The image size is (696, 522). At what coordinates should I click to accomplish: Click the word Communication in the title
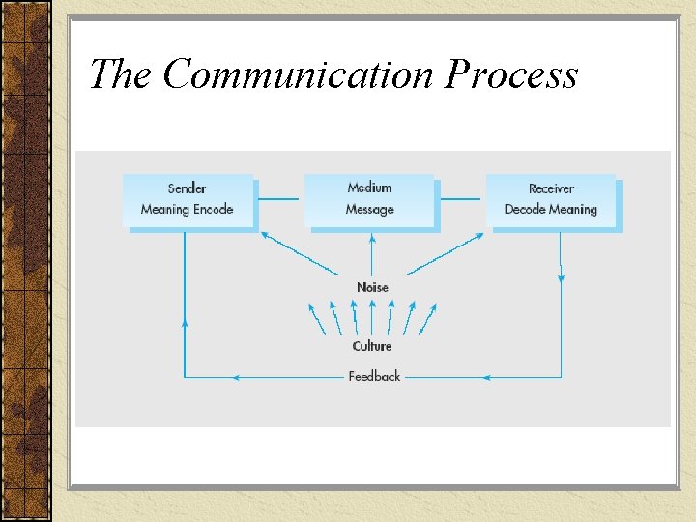pos(300,74)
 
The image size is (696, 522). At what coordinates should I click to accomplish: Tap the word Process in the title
pos(511,74)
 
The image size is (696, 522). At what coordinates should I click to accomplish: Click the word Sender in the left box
pos(187,188)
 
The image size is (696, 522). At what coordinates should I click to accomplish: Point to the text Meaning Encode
pos(187,209)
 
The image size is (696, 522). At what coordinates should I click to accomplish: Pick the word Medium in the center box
pos(370,188)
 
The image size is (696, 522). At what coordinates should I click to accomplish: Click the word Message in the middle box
pos(370,209)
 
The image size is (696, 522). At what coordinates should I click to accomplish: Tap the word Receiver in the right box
pos(551,188)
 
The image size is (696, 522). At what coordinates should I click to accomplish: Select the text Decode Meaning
pos(551,209)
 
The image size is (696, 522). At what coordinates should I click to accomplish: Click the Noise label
pos(372,287)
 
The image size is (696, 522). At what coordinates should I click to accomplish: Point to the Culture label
pos(372,346)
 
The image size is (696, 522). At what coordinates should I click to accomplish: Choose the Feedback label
pos(374,376)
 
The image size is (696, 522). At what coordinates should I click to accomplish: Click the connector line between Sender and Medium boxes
pos(279,200)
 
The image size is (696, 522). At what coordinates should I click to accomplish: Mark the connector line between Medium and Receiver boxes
pos(461,200)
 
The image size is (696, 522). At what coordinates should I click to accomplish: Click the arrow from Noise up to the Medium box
pos(371,253)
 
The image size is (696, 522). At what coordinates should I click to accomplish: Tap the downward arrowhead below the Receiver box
pos(561,277)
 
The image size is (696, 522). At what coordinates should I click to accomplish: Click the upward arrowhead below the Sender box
pos(185,322)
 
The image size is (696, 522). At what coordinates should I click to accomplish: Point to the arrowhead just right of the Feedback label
pos(488,376)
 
